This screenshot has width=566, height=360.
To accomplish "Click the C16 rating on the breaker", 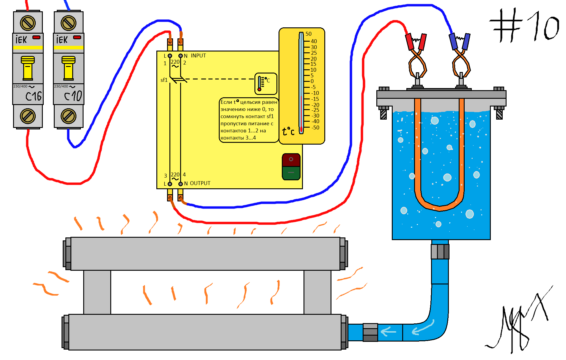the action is click(33, 96).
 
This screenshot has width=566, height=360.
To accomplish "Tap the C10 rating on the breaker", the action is click(73, 96).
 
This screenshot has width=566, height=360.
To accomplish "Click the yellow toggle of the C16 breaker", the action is click(28, 68).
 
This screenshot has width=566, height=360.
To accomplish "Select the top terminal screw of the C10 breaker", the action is click(69, 23).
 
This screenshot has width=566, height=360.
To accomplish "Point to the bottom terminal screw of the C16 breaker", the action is click(28, 116).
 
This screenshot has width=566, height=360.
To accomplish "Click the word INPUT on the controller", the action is click(198, 56).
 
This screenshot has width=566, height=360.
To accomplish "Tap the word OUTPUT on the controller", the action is click(200, 183).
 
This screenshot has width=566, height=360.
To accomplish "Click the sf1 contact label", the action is click(164, 80).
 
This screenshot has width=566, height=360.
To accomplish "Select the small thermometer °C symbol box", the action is click(266, 84).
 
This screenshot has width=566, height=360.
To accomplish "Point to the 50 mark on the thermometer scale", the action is click(309, 34).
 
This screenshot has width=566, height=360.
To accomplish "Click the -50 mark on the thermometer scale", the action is click(315, 128).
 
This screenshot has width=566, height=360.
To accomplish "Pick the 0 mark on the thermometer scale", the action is click(312, 81).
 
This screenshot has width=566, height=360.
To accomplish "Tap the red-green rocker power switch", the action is click(291, 167).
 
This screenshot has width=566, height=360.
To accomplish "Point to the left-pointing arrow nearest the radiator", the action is click(389, 331).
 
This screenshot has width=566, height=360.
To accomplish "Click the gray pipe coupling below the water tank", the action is click(440, 251).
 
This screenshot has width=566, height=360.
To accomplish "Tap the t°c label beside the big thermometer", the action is click(288, 131).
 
